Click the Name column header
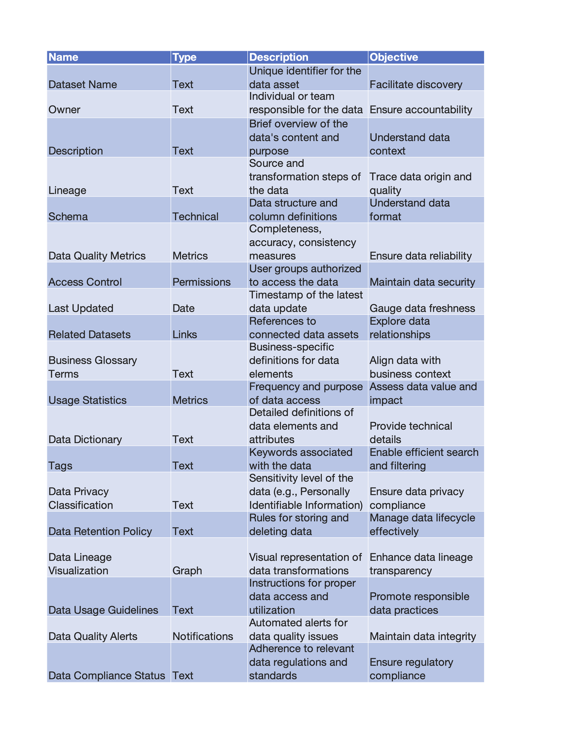click(x=64, y=57)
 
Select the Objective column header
click(x=394, y=57)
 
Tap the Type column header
click(x=185, y=57)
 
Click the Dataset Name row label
click(x=83, y=84)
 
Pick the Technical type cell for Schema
click(x=195, y=217)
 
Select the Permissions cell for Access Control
click(x=201, y=282)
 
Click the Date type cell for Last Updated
click(x=184, y=308)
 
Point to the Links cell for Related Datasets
click(x=185, y=334)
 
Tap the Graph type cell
click(x=187, y=570)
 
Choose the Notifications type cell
click(x=203, y=636)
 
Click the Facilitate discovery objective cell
click(x=416, y=84)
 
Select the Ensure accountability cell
click(x=421, y=110)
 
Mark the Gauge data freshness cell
click(x=422, y=308)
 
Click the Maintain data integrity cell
click(x=423, y=636)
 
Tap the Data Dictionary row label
click(x=85, y=440)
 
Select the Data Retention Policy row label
click(x=100, y=531)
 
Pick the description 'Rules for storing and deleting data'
click(x=299, y=524)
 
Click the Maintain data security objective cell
click(x=422, y=282)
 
